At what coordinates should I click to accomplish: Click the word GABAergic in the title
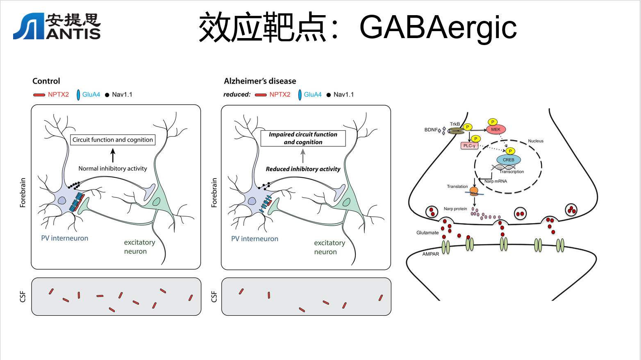coord(438,27)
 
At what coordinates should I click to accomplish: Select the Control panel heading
coord(46,81)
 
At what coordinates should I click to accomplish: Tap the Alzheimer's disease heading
coord(260,81)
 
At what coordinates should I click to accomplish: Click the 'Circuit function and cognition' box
coord(113,140)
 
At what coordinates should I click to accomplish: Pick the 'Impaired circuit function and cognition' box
coord(303,138)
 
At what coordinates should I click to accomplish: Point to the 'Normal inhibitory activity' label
coord(113,168)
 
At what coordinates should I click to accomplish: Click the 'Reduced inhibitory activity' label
coord(303,169)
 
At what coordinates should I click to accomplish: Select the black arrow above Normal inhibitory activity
coord(113,155)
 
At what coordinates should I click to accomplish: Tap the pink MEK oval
coord(496,129)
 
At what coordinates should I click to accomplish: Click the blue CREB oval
coord(509,160)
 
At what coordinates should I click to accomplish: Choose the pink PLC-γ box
coord(469,146)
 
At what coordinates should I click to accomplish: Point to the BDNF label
coord(431,130)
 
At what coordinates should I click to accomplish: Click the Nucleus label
coord(536,141)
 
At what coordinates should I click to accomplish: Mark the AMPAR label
coord(430,254)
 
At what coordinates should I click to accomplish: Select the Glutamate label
coord(427,233)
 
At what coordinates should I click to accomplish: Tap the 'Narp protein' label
coord(455,209)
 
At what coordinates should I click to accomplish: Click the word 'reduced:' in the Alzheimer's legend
coord(237,95)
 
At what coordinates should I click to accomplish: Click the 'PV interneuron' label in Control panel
coord(65,238)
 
